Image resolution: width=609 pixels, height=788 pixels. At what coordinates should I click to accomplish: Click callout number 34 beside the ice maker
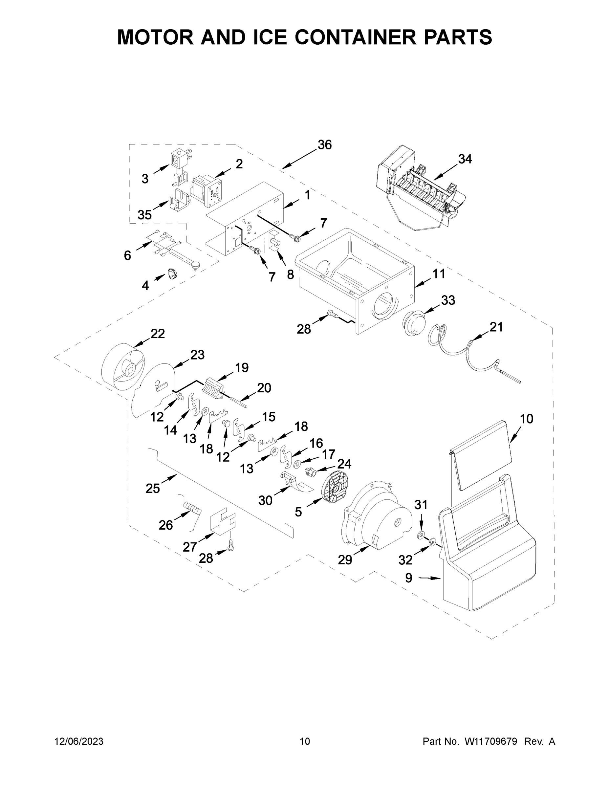[x=465, y=159]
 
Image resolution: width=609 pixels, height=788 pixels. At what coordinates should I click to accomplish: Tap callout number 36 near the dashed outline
[x=324, y=145]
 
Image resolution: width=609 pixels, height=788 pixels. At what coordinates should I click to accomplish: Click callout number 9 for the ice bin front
[x=408, y=578]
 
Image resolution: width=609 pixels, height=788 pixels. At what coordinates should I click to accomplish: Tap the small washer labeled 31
[x=420, y=535]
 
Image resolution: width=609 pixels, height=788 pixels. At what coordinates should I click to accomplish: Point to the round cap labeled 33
[x=412, y=322]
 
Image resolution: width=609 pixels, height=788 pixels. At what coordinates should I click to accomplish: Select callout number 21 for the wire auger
[x=496, y=327]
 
